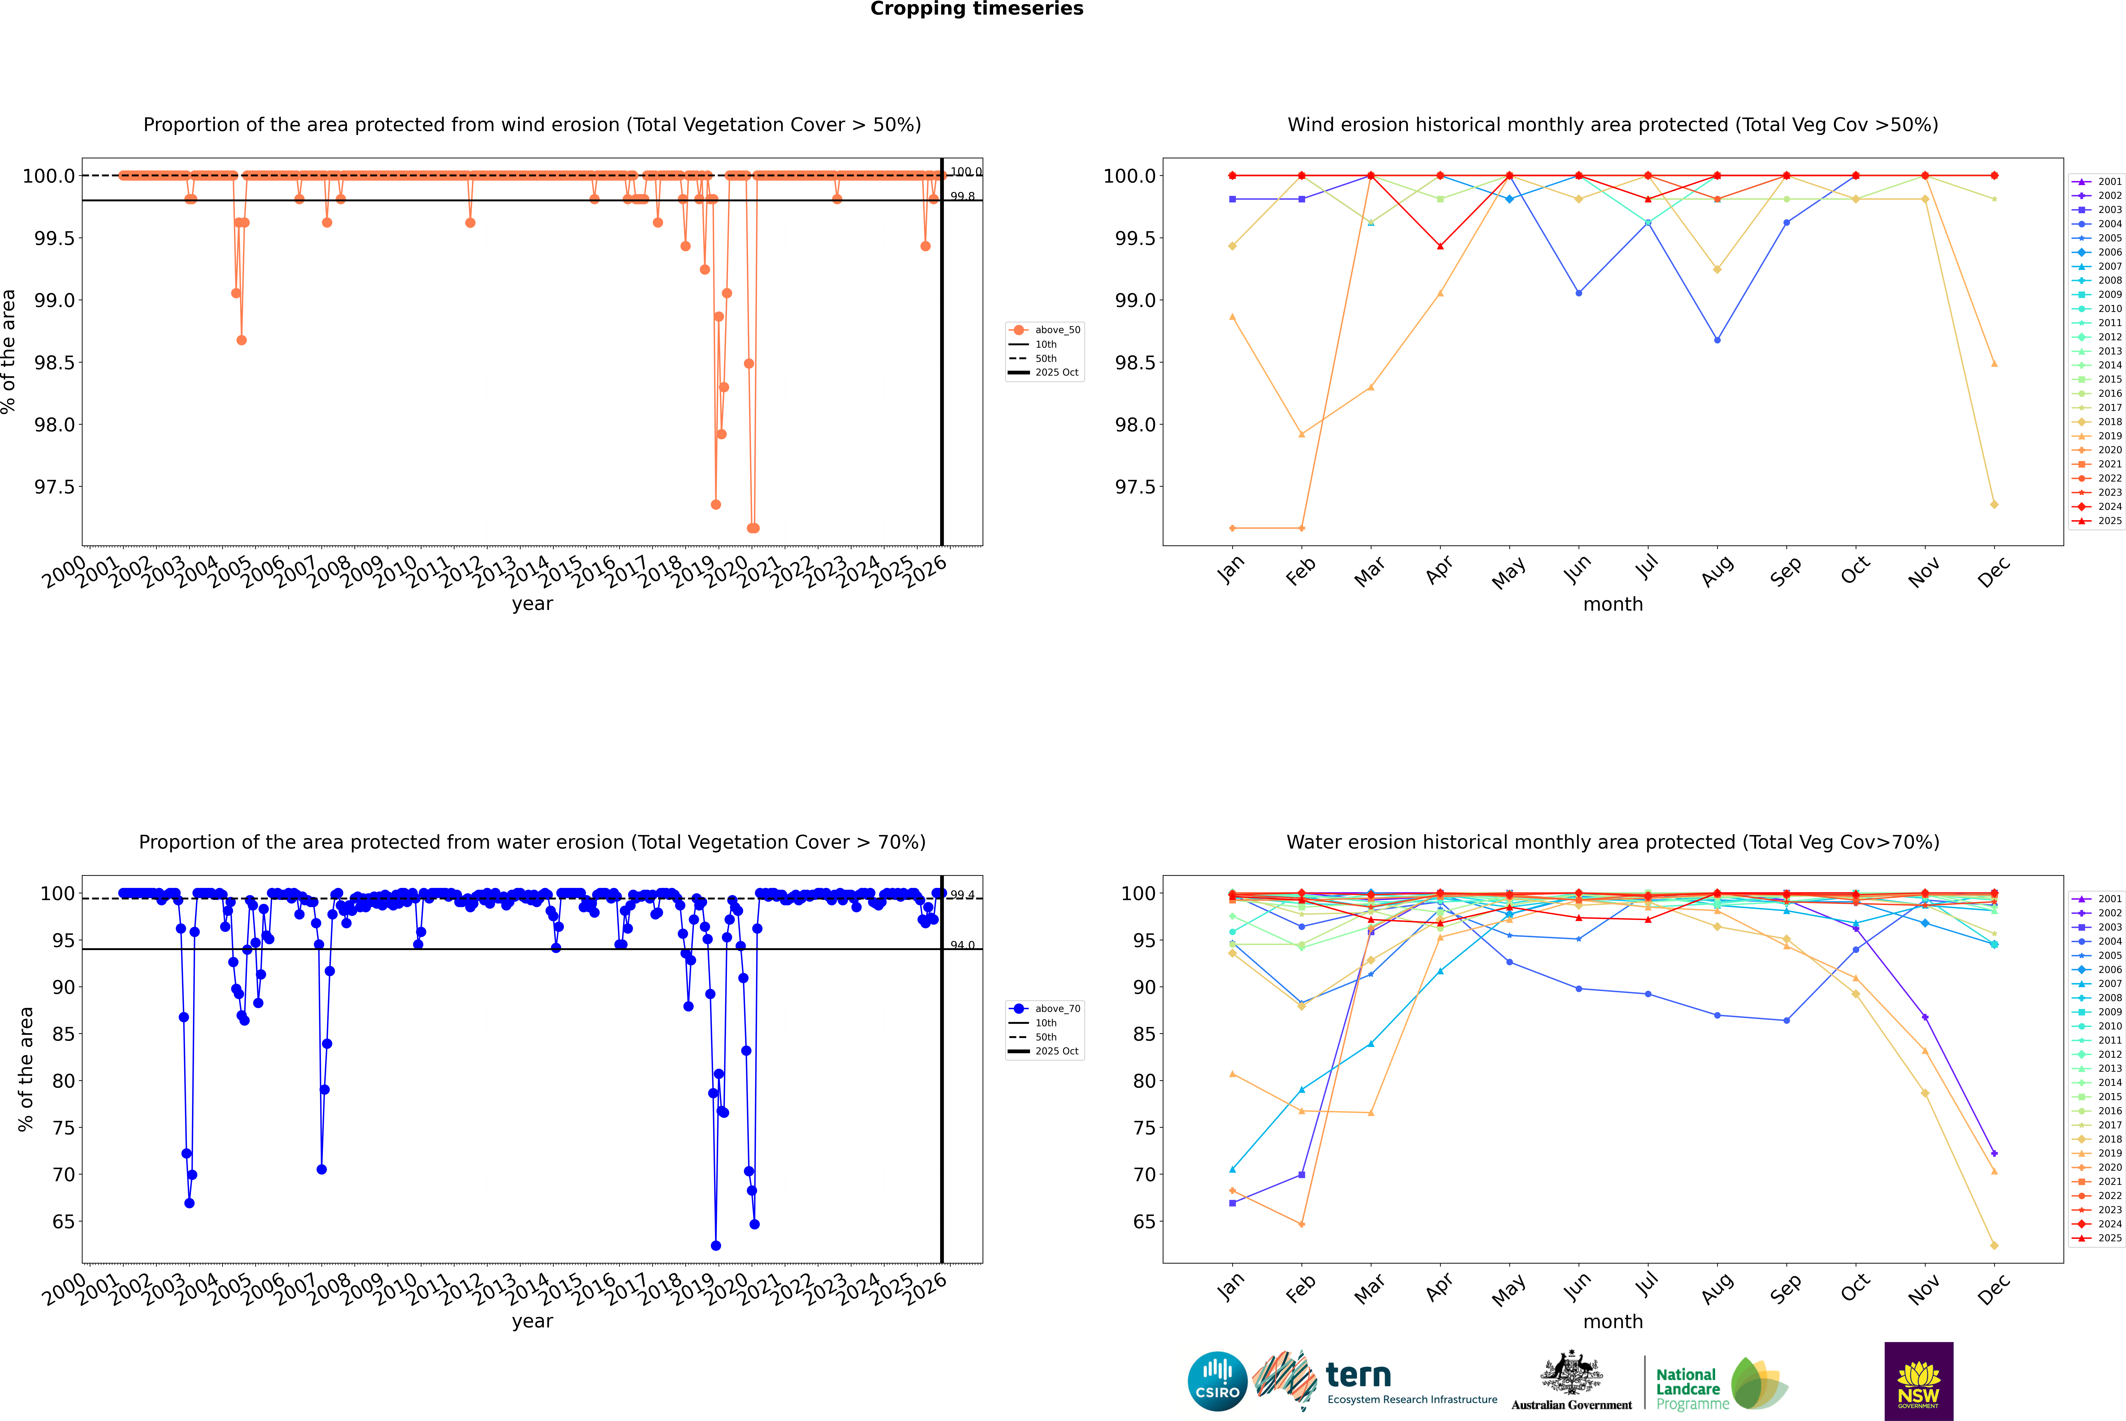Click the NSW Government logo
pyautogui.click(x=1918, y=1380)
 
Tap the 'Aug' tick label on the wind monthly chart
pyautogui.click(x=1717, y=571)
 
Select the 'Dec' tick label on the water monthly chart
pyautogui.click(x=1994, y=1289)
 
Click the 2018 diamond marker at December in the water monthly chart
pyautogui.click(x=1994, y=1245)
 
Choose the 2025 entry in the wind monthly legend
pyautogui.click(x=2109, y=521)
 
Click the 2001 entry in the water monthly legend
pyautogui.click(x=2109, y=899)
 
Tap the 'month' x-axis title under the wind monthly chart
pyautogui.click(x=1612, y=605)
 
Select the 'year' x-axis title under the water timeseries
pyautogui.click(x=532, y=1321)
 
